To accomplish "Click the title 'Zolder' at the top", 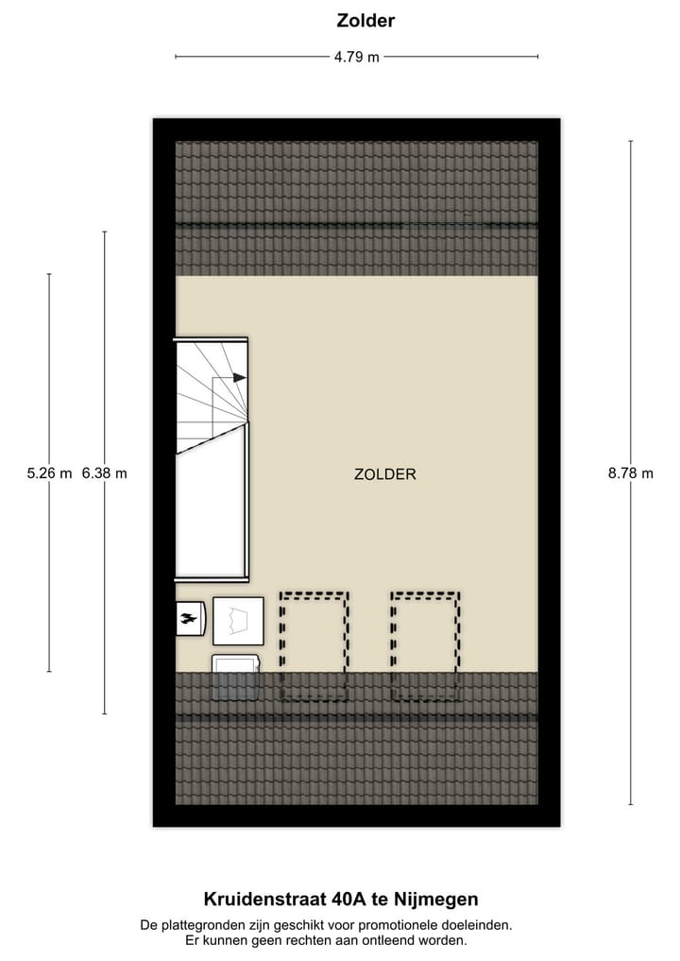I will point(365,20).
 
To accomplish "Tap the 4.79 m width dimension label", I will point(356,57).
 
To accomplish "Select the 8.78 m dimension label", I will point(631,474).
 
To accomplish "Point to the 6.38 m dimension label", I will point(104,474).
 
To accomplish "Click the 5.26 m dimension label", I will point(49,474).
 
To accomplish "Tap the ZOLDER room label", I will point(385,474).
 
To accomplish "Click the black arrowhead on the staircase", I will point(239,377).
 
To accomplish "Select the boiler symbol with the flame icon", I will point(191,619).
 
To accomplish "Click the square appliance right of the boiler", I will point(238,621).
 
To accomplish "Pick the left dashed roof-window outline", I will point(314,646).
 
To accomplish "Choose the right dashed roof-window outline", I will point(425,646).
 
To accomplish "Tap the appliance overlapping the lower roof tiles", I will point(236,677).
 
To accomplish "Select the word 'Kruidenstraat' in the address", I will point(259,900).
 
